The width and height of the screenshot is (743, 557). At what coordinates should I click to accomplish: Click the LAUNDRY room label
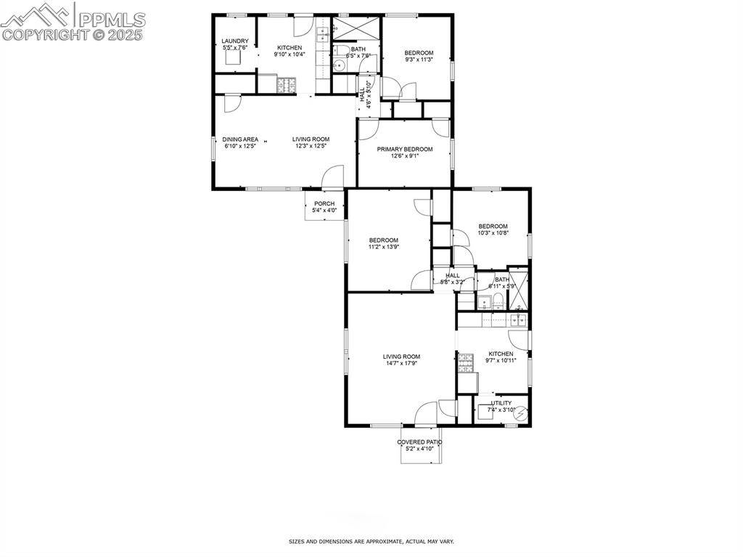coord(235,41)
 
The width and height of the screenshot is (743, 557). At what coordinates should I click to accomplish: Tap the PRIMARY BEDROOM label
coord(404,150)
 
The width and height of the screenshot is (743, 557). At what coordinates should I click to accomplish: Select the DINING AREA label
coord(240,139)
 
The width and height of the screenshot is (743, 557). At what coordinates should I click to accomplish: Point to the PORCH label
coord(324,203)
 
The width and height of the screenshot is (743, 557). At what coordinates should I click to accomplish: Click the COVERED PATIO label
coord(419,442)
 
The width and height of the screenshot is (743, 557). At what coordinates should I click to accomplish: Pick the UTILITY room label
coord(501,403)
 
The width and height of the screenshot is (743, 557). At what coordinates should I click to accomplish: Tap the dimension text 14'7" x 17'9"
coord(402,363)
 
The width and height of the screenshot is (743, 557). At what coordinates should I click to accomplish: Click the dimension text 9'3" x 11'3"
coord(419,60)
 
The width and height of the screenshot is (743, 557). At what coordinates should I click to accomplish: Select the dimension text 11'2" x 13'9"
coord(384,247)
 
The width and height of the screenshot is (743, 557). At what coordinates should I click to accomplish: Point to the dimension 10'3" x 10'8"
coord(493,233)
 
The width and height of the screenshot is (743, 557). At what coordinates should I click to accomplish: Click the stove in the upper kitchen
coord(287,85)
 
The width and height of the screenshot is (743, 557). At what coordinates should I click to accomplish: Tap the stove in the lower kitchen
coord(464,362)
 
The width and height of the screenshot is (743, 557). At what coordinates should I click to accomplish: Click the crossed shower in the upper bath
coord(356,28)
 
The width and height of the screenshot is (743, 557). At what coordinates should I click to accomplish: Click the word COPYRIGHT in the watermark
coord(37,33)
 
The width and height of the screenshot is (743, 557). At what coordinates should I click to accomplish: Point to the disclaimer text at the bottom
coord(371,541)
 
